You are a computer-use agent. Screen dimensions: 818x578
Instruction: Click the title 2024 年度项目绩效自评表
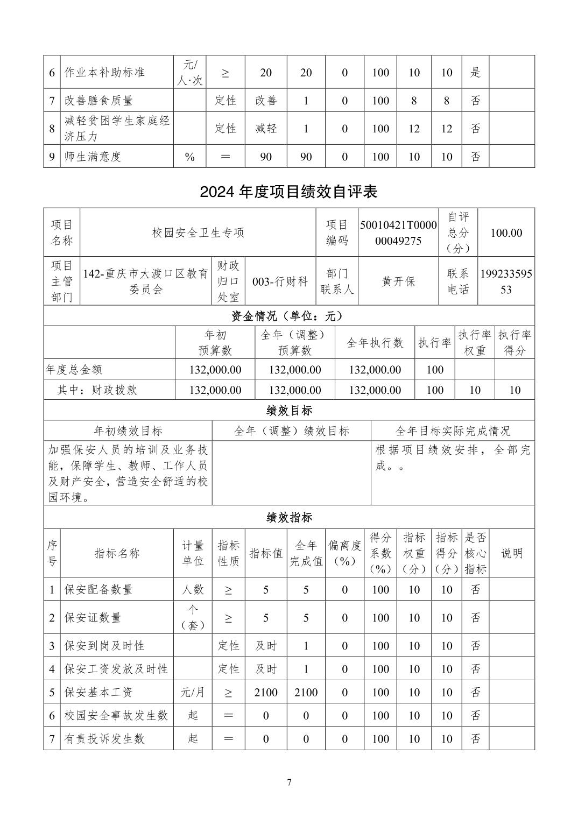tap(288, 192)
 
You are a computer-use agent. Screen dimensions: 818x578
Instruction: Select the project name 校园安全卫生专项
tap(198, 232)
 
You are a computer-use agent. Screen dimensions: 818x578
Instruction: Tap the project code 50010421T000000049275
tap(398, 232)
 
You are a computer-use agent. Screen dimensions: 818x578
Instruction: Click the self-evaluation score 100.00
tap(506, 232)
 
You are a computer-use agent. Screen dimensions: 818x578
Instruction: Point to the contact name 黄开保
tap(398, 281)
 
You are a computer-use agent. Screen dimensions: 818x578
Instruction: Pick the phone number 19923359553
tap(506, 281)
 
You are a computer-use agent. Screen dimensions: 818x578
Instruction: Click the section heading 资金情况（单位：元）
tap(288, 316)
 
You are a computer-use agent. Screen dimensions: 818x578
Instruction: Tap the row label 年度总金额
tap(74, 370)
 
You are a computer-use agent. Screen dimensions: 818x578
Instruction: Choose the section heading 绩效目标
tap(288, 411)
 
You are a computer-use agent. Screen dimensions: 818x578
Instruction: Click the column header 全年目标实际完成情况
tap(453, 431)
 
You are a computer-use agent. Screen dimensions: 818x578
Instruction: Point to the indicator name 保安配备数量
tap(98, 590)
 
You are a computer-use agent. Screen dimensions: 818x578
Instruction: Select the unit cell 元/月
tap(193, 693)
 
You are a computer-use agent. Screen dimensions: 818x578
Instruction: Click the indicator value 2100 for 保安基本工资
tap(266, 693)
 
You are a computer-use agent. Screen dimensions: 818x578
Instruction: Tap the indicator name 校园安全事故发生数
tap(116, 716)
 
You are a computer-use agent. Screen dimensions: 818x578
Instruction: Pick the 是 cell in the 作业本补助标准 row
tap(475, 72)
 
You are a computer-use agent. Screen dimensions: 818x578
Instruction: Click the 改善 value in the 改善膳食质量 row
tap(266, 101)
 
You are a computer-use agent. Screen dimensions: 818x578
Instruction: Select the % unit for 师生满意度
tap(189, 157)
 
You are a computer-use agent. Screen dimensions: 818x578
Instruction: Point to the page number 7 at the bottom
tap(289, 782)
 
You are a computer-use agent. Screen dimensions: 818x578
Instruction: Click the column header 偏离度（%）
tap(344, 553)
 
